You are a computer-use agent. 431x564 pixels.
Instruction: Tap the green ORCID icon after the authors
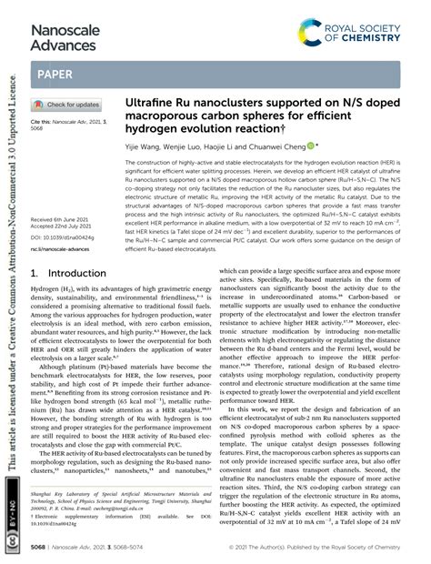[311, 145]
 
